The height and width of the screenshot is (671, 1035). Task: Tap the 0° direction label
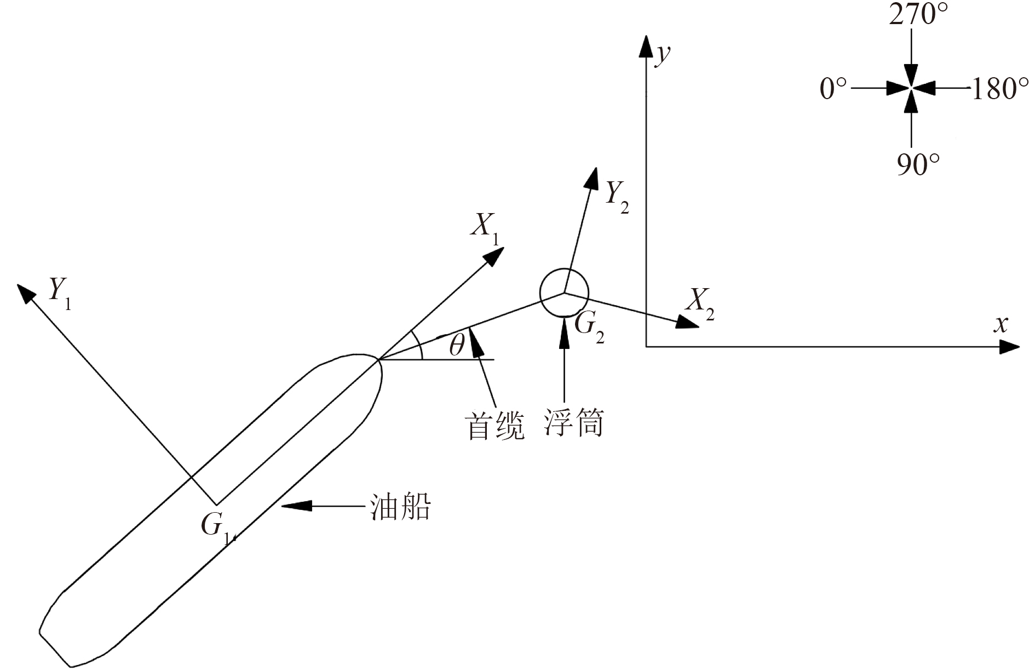833,88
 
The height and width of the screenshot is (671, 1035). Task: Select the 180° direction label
999,88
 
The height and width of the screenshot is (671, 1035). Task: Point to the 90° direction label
918,164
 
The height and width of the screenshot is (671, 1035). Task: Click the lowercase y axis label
663,55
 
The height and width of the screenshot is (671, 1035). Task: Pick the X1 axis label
485,226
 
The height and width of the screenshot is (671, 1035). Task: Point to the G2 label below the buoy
589,328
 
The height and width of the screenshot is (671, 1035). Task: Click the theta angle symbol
456,346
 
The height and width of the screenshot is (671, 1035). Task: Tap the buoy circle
564,293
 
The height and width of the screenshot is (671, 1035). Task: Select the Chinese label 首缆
495,426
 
